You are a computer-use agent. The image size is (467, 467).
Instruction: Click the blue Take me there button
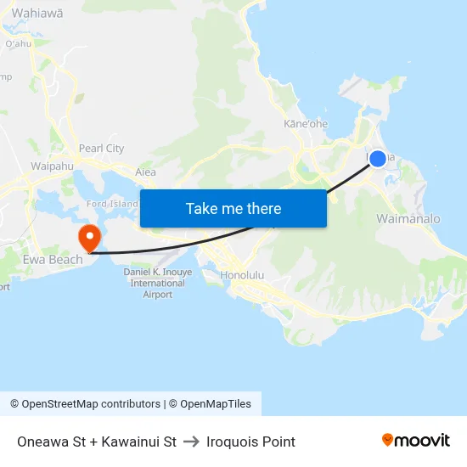coord(233,208)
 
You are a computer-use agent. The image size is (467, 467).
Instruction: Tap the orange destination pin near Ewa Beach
coord(88,235)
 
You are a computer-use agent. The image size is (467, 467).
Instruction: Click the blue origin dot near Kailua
coord(378,158)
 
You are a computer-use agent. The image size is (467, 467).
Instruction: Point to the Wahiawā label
coord(38,13)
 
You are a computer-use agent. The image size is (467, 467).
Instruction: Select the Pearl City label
coord(101,149)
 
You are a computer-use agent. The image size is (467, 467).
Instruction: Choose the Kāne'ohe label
coord(306,124)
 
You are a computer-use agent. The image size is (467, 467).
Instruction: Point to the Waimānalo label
coord(408,219)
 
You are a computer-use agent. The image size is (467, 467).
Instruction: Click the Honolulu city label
coord(242,276)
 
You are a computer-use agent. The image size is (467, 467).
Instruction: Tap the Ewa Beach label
coord(53,260)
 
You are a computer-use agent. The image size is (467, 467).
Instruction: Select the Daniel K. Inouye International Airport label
coord(158,283)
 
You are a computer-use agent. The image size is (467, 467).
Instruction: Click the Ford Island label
coord(112,204)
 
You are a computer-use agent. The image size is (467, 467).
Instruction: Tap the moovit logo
coord(416,441)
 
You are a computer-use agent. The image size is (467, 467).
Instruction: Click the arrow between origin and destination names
coord(190,442)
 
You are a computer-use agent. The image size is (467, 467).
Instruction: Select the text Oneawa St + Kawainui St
coord(96,442)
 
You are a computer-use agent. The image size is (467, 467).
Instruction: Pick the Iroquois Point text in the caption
coord(250,442)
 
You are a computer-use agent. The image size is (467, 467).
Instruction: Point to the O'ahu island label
coord(17,43)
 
